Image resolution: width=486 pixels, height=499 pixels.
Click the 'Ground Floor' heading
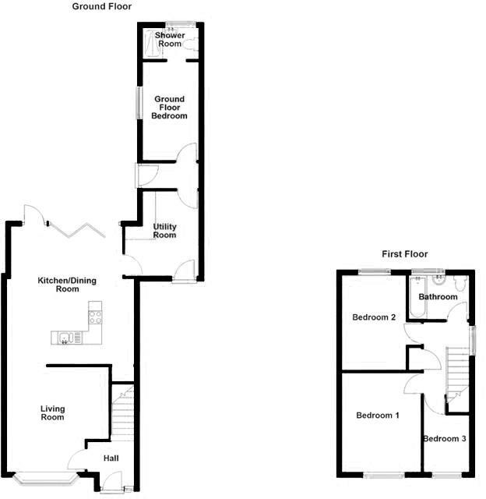coord(102,6)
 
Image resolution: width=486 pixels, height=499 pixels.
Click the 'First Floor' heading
coord(404,254)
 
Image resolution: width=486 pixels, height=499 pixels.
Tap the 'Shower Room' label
coord(169,41)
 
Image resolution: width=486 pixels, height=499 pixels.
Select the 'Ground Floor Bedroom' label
coord(169,108)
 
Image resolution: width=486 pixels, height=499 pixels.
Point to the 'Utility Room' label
coord(165,231)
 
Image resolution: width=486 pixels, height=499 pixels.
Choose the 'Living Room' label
coord(53,413)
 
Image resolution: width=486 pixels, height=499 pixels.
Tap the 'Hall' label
coord(111,458)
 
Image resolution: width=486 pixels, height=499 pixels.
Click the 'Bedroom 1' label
coord(378,416)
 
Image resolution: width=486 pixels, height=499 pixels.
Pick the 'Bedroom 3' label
coord(445,439)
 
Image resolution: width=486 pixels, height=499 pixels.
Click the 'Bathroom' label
coord(438,297)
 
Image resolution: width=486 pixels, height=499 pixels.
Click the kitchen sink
coord(67,338)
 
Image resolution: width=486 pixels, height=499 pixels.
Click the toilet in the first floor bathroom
coord(461,285)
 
